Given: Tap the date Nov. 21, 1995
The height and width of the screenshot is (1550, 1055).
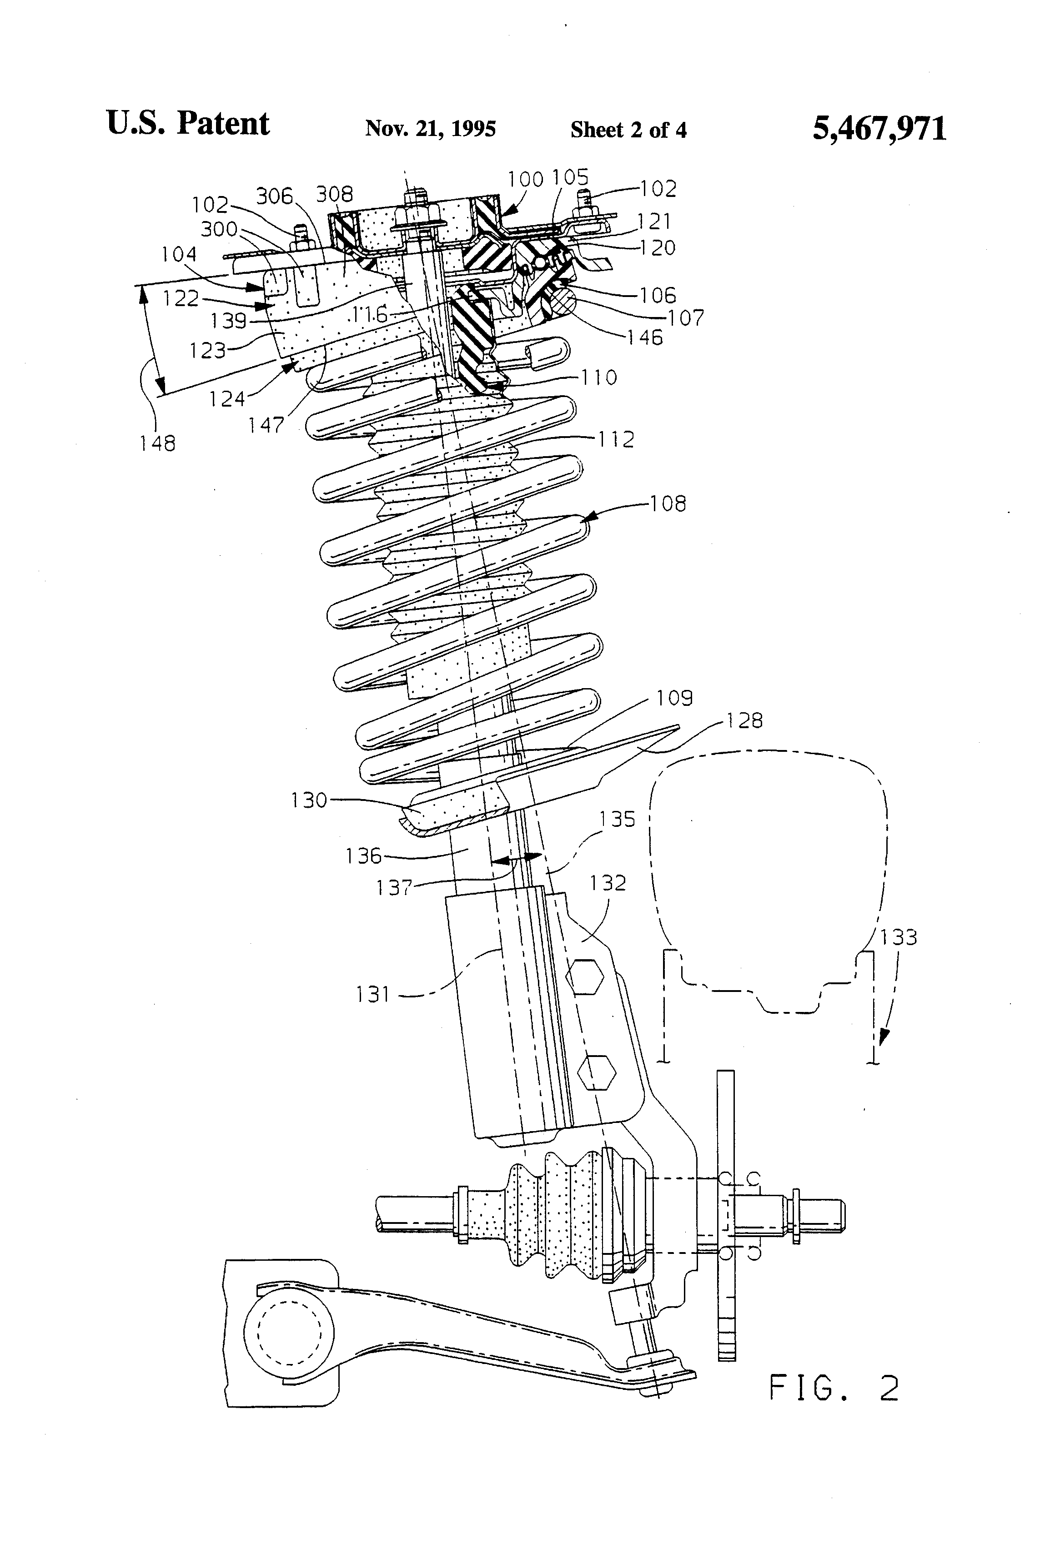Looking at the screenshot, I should (x=430, y=128).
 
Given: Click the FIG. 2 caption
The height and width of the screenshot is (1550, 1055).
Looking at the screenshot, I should (x=834, y=1389).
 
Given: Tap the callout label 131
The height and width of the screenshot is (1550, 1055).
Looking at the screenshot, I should (x=373, y=994).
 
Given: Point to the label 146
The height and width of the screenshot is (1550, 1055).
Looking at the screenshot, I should (x=645, y=337).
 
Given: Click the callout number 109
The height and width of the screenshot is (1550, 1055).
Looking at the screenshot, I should (x=674, y=698).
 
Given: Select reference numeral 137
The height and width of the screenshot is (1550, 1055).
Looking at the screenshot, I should (x=394, y=888).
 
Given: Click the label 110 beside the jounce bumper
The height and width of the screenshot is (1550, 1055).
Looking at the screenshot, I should (x=598, y=377).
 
